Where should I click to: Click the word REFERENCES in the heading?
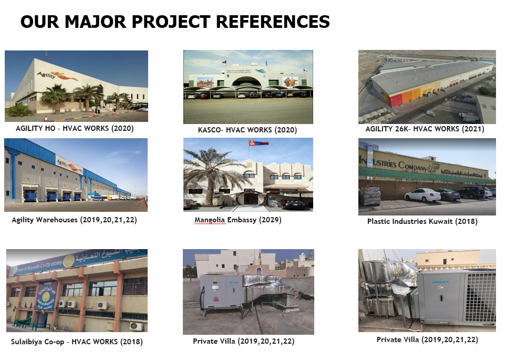click(273, 22)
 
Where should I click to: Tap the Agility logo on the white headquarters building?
click(57, 76)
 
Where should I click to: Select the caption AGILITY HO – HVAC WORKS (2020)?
click(75, 128)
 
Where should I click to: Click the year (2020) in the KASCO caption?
click(286, 130)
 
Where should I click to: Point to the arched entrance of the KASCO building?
click(246, 81)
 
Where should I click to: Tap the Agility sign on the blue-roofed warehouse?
click(69, 164)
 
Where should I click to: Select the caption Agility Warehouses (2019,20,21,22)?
click(74, 220)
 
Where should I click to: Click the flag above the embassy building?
click(258, 143)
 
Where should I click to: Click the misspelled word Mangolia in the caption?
click(210, 220)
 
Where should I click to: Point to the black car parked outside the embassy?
click(291, 204)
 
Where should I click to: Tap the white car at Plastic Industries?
click(422, 194)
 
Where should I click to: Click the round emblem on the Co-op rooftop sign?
click(68, 261)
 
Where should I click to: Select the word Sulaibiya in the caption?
click(25, 342)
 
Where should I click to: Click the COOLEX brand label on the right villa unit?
click(440, 282)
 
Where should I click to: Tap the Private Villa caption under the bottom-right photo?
click(427, 340)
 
